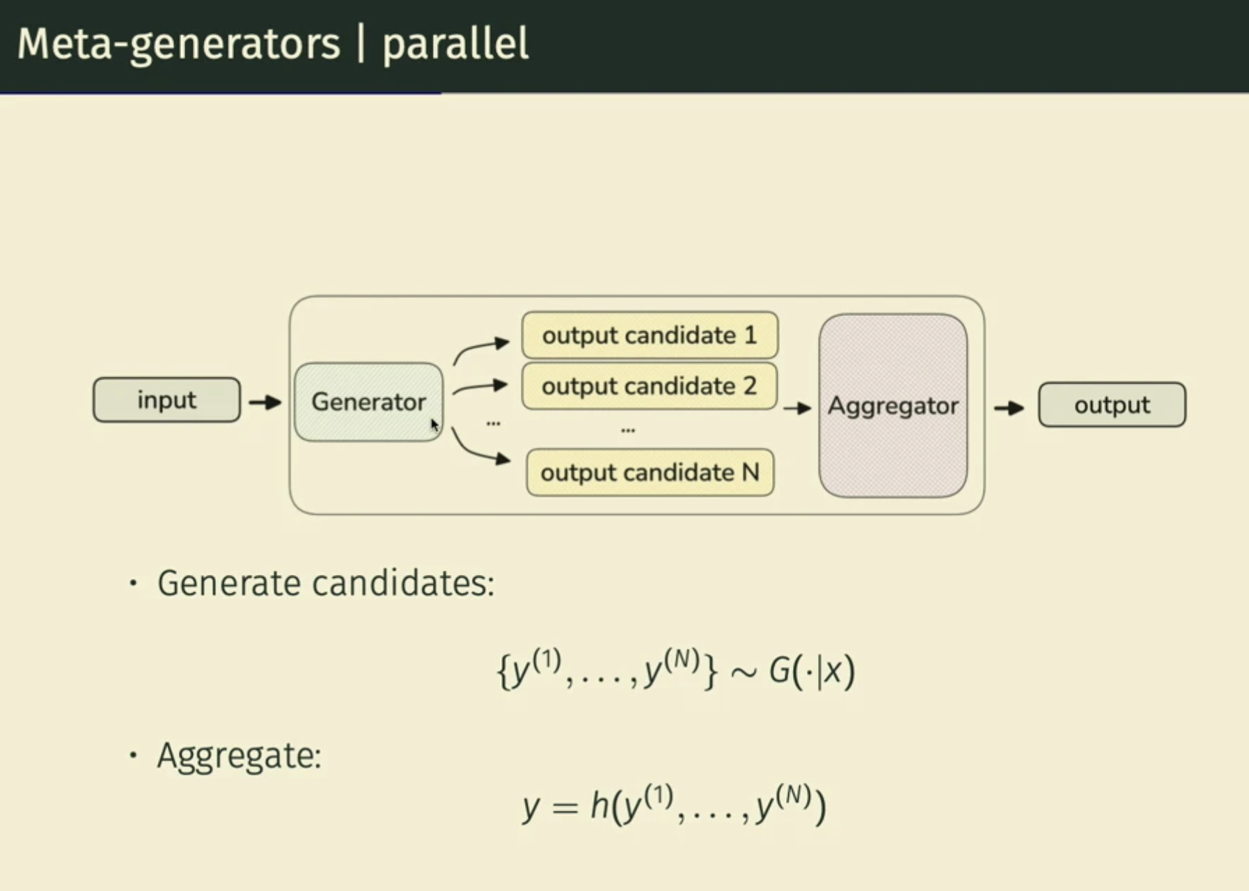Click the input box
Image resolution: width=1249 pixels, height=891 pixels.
pos(166,400)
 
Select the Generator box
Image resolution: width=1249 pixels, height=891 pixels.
pos(368,402)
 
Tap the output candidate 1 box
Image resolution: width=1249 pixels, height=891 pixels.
pos(650,335)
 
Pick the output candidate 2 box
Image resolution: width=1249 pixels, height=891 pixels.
pos(650,386)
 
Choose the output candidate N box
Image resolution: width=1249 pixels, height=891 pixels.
pos(650,473)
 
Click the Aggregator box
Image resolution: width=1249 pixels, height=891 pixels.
pos(893,406)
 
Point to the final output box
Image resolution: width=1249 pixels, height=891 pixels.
pos(1112,404)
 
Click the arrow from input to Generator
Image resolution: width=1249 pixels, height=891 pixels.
pos(265,402)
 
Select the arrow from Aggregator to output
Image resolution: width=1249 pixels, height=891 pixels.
pos(1009,408)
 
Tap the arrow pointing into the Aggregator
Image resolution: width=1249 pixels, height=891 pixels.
pos(797,409)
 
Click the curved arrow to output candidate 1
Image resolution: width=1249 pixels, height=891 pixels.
pos(480,349)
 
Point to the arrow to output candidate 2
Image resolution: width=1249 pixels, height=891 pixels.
pos(480,387)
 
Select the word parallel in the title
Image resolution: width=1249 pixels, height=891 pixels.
pos(455,44)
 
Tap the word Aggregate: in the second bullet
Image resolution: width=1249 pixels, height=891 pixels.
pos(239,756)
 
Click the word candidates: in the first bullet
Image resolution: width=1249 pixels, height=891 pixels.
pos(403,583)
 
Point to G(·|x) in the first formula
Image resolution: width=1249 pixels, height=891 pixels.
pos(811,671)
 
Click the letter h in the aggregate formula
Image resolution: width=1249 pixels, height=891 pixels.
pos(599,806)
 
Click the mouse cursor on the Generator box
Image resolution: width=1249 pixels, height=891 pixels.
pos(434,425)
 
